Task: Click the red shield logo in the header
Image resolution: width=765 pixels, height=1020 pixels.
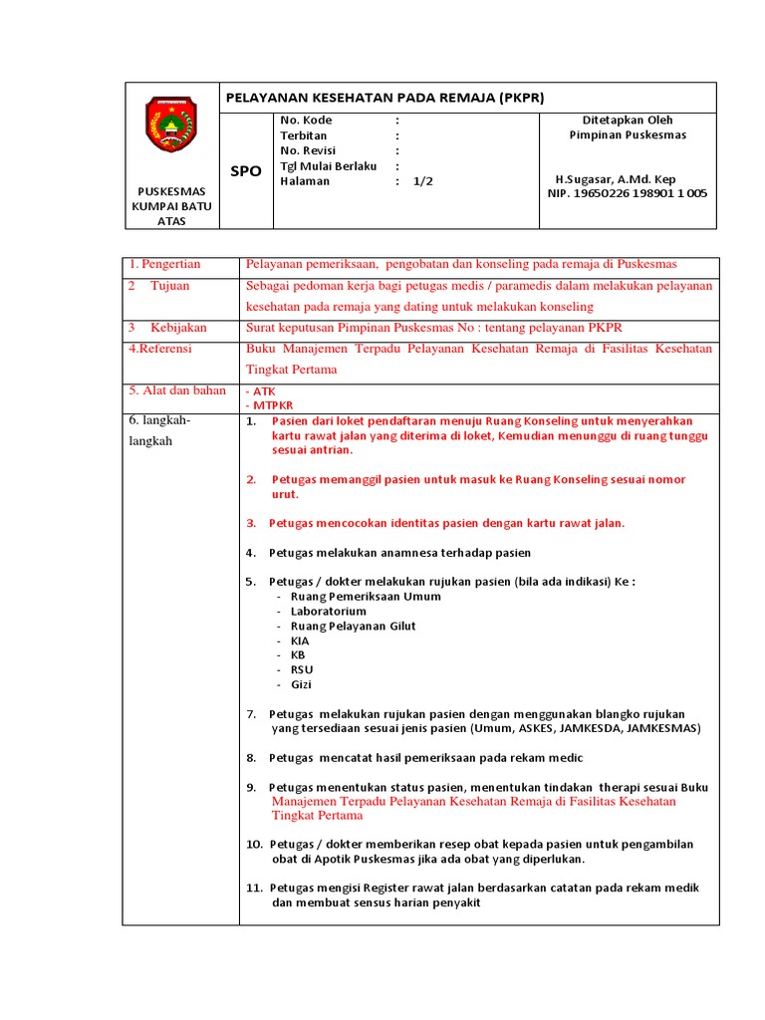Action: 171,124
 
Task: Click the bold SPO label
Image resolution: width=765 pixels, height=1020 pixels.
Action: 246,171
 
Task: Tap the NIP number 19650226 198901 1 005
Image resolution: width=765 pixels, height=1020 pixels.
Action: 628,193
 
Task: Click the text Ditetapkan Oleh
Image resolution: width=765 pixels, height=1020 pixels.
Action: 628,121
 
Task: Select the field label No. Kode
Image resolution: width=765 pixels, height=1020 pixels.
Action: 306,121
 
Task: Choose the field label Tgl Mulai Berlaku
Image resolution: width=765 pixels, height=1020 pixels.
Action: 329,166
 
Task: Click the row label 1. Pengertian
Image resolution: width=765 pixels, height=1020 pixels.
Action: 164,264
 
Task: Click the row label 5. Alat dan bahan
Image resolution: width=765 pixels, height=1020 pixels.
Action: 177,390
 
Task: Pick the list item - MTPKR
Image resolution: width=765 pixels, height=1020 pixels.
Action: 264,406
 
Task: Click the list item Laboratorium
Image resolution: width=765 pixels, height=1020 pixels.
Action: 329,612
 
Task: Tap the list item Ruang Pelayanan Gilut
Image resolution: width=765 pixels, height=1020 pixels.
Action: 354,627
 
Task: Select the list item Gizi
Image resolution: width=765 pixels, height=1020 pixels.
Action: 302,685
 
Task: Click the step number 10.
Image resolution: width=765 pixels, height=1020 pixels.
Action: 254,845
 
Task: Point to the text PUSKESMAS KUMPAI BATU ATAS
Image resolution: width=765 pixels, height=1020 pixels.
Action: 171,205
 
